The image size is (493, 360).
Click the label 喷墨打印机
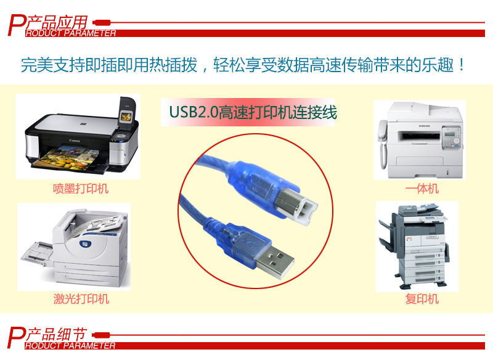pyautogui.click(x=81, y=189)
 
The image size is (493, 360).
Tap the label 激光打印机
pyautogui.click(x=81, y=299)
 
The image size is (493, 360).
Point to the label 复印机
pyautogui.click(x=422, y=299)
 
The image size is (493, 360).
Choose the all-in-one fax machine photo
pyautogui.click(x=418, y=139)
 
